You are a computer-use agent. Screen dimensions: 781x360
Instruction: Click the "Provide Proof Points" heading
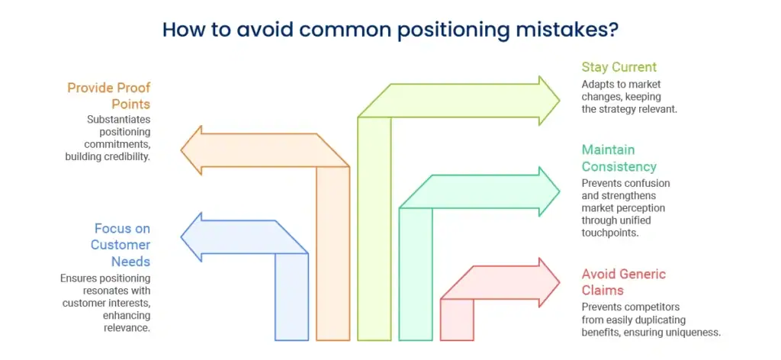click(108, 96)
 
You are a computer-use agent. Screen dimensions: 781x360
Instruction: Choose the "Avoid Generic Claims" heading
click(624, 282)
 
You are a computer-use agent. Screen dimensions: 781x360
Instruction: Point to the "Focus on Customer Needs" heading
click(123, 245)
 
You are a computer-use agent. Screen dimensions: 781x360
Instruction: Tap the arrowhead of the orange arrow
click(191, 150)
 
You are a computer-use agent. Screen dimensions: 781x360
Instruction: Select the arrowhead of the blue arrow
click(191, 237)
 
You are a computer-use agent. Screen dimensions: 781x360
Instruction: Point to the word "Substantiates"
click(119, 120)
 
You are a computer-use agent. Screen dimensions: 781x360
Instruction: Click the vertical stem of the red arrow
click(457, 320)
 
